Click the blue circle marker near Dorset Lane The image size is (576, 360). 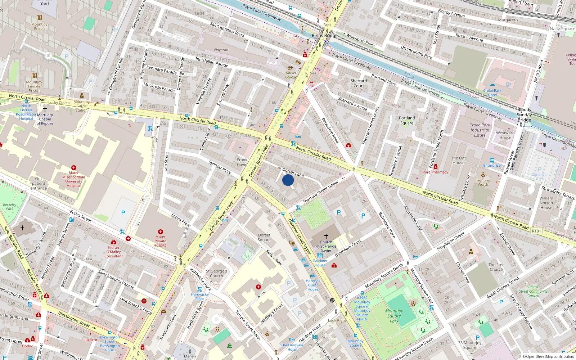pyautogui.click(x=288, y=180)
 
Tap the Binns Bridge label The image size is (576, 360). pyautogui.click(x=324, y=35)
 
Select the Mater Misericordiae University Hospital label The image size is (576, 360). pyautogui.click(x=73, y=179)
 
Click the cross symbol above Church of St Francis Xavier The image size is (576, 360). pyautogui.click(x=326, y=236)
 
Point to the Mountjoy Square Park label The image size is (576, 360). pyautogui.click(x=394, y=316)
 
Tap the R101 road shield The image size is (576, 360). pyautogui.click(x=536, y=231)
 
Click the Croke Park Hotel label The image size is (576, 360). pyautogui.click(x=492, y=93)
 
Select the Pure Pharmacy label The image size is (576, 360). pyautogui.click(x=435, y=172)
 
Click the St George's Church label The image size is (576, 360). pyautogui.click(x=216, y=274)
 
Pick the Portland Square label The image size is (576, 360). pyautogui.click(x=407, y=120)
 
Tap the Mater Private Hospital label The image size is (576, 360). pyautogui.click(x=160, y=241)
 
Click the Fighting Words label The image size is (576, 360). pyautogui.click(x=483, y=182)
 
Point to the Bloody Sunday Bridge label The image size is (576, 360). pyautogui.click(x=524, y=115)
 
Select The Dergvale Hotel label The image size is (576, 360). pyautogui.click(x=292, y=347)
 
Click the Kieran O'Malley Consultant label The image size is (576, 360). pyautogui.click(x=113, y=252)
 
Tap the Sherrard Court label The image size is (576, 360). pyautogui.click(x=359, y=83)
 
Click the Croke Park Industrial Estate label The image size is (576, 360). pyautogui.click(x=480, y=130)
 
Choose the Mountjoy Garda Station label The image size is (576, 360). pyautogui.click(x=81, y=106)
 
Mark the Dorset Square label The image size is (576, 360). pyautogui.click(x=264, y=237)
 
